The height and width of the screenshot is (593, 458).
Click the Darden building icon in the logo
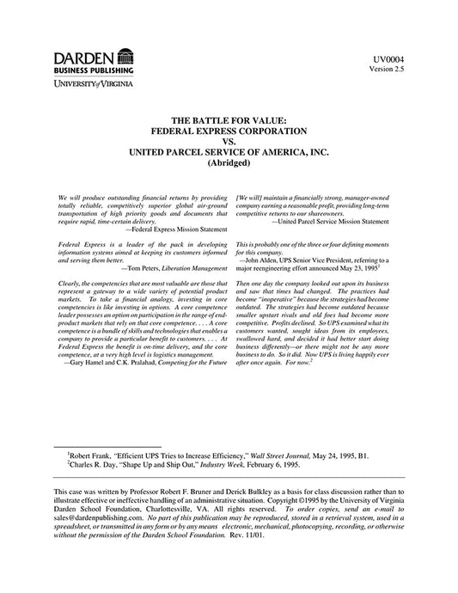125,57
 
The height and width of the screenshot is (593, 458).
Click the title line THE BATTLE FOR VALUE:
229,121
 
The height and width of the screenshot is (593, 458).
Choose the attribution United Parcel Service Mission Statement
333,223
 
